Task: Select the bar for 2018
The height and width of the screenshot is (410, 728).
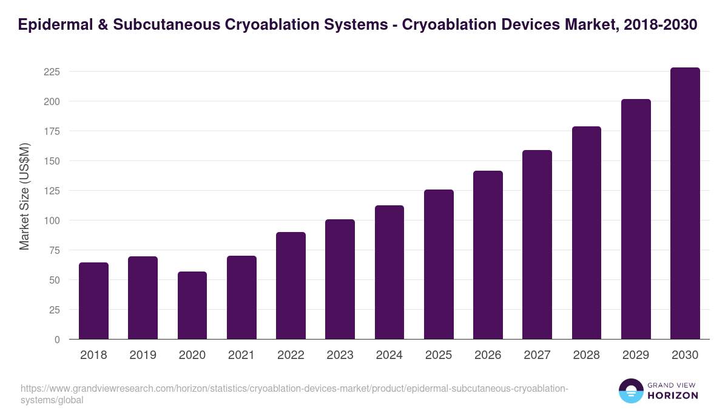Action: pos(93,301)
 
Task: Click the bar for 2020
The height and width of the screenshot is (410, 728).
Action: pos(192,305)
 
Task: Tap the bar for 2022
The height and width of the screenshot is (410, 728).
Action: pos(291,285)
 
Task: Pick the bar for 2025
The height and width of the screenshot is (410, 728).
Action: pos(439,264)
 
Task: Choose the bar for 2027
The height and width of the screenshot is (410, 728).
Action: pos(537,244)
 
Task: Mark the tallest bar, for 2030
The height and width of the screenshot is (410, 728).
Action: pos(685,203)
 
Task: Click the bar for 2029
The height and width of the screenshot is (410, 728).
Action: pos(636,219)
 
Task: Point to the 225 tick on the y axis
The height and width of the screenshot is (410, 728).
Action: pos(52,72)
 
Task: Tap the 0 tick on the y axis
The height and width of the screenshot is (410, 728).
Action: pos(57,340)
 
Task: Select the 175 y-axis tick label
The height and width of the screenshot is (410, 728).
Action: pos(52,131)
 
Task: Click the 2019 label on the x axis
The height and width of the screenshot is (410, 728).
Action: pos(143,355)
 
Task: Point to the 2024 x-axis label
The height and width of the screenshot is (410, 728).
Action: pos(389,355)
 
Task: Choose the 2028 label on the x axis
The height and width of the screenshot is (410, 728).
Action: pos(586,355)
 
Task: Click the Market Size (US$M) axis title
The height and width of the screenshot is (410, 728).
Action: pos(24,196)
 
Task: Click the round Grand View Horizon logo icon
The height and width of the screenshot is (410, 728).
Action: pos(631,391)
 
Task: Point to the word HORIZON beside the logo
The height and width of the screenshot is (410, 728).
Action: pos(673,395)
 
